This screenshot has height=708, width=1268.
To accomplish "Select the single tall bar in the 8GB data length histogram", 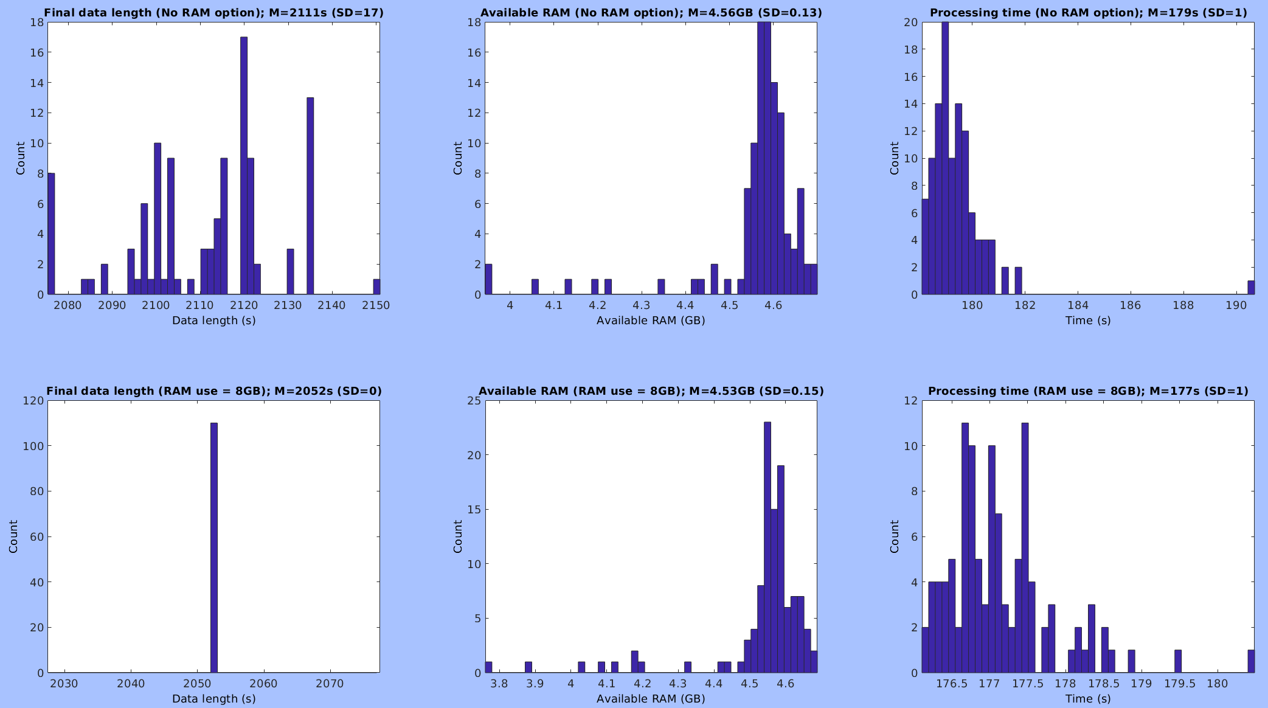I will (x=214, y=547).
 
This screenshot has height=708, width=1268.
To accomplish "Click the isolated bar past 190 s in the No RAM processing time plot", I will (x=1251, y=288).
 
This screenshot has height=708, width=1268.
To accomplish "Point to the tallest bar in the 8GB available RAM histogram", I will (x=767, y=547).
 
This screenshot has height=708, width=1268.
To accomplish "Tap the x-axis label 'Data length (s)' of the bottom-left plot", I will (x=213, y=699).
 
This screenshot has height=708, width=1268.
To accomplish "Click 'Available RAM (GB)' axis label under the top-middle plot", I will (x=651, y=321).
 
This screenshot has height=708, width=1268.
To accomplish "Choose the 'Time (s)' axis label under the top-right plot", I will (x=1088, y=321).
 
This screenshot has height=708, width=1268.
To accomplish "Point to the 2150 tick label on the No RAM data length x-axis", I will (x=376, y=305).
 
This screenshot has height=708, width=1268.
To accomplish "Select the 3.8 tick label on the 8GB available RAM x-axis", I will (x=499, y=684).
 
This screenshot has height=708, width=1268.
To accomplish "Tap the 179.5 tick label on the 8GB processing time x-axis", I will (x=1179, y=684).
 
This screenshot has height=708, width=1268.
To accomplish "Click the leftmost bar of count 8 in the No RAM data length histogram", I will (x=51, y=234).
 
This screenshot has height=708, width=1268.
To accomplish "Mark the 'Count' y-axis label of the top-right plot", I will (x=894, y=158).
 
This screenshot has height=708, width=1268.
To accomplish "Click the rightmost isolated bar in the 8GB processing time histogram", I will (x=1251, y=662).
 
